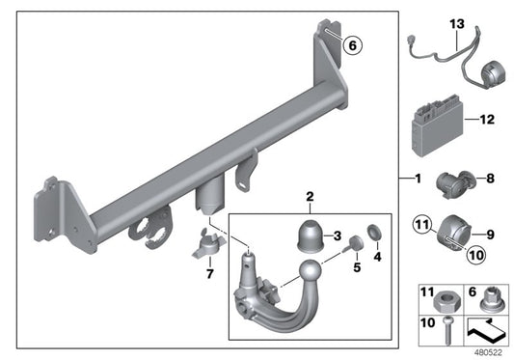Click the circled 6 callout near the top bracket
pyautogui.click(x=353, y=45)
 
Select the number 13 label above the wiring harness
pyautogui.click(x=457, y=24)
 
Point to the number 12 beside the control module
pyautogui.click(x=487, y=120)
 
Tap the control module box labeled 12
pyautogui.click(x=437, y=125)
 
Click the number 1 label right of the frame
pyautogui.click(x=418, y=179)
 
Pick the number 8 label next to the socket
pyautogui.click(x=490, y=179)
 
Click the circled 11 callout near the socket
pyautogui.click(x=422, y=225)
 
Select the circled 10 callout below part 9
pyautogui.click(x=476, y=255)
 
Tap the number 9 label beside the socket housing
pyautogui.click(x=490, y=235)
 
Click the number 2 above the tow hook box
pyautogui.click(x=310, y=197)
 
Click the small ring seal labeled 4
pyautogui.click(x=374, y=232)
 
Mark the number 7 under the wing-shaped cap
pyautogui.click(x=210, y=274)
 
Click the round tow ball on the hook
pyautogui.click(x=310, y=271)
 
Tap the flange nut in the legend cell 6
pyautogui.click(x=489, y=300)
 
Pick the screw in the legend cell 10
pyautogui.click(x=446, y=330)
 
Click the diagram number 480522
pyautogui.click(x=488, y=353)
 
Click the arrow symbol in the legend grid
pyautogui.click(x=485, y=330)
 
